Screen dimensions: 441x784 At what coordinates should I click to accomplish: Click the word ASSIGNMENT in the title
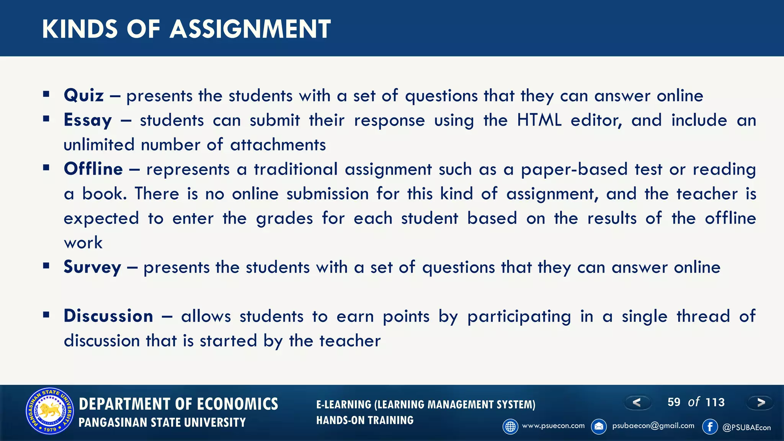(250, 29)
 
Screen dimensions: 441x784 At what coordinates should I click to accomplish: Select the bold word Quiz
(84, 95)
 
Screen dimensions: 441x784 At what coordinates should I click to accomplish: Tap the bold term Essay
(88, 120)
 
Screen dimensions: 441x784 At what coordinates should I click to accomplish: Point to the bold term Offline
(93, 169)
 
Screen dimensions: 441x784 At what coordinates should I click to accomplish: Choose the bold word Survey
(92, 267)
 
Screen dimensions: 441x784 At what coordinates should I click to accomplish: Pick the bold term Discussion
(108, 316)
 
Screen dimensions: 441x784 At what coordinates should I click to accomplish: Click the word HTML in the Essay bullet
(539, 120)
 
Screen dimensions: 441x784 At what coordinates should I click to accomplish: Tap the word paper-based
(574, 169)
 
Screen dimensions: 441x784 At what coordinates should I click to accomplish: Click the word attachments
(278, 145)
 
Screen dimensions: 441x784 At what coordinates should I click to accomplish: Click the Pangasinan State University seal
(50, 411)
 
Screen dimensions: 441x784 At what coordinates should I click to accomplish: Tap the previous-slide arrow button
(637, 402)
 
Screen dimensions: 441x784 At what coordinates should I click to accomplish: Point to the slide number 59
(674, 402)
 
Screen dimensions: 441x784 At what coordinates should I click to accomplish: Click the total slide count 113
(715, 402)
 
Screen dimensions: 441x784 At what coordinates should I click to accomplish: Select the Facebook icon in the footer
(710, 426)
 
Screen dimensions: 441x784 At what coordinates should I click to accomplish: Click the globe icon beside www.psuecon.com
(510, 426)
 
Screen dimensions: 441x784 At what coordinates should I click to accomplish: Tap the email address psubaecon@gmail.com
(653, 426)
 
